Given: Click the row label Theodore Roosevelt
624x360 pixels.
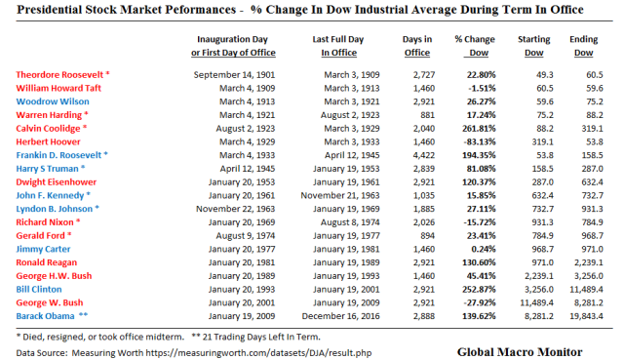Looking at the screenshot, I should (x=60, y=74).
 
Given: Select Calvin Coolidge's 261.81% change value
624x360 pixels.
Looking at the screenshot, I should (x=476, y=127).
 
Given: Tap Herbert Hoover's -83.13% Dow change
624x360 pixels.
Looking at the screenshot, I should (x=477, y=140).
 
